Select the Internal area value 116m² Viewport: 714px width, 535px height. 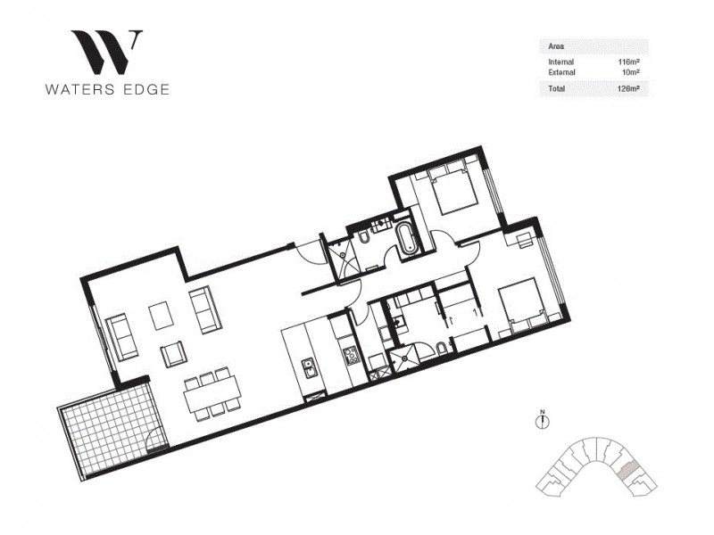(x=630, y=60)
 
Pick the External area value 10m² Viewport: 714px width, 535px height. (x=632, y=71)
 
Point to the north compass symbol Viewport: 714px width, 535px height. (x=541, y=421)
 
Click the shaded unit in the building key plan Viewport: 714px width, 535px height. (x=628, y=470)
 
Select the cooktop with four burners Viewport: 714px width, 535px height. (x=352, y=356)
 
